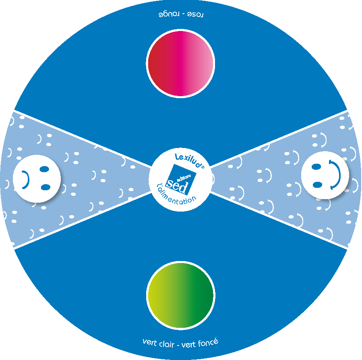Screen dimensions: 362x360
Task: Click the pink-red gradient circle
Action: click(180, 64)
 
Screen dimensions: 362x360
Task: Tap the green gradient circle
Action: click(181, 295)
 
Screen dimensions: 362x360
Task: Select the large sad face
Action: click(37, 179)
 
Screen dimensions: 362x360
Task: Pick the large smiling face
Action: click(325, 175)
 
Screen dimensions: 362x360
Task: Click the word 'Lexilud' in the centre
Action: click(188, 160)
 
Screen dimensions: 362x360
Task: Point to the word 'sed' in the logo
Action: click(177, 186)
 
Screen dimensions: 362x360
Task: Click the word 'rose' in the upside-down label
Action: click(195, 14)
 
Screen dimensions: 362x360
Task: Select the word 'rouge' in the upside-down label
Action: click(169, 14)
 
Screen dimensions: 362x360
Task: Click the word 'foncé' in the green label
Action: click(208, 342)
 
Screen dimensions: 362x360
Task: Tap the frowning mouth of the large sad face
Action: click(26, 180)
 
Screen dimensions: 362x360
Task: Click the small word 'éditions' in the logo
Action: click(184, 179)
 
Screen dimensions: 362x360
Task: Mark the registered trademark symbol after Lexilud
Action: click(203, 167)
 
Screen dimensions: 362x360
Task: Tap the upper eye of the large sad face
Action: click(44, 169)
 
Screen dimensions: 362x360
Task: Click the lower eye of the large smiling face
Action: click(317, 185)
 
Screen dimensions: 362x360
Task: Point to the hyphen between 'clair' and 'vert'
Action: click(178, 345)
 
